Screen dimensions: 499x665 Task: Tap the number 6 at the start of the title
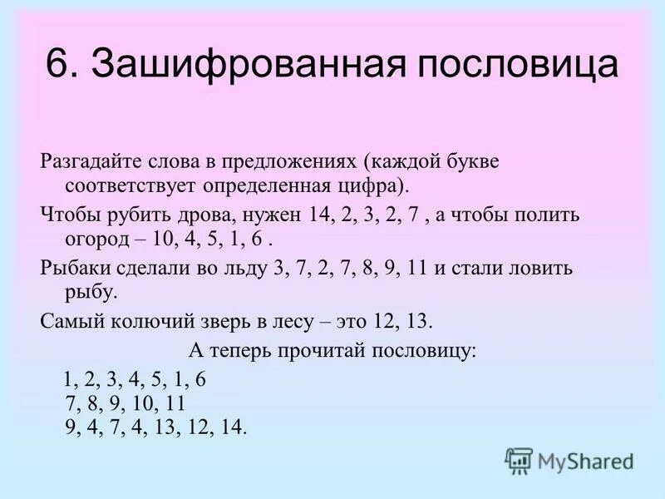tap(57, 65)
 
